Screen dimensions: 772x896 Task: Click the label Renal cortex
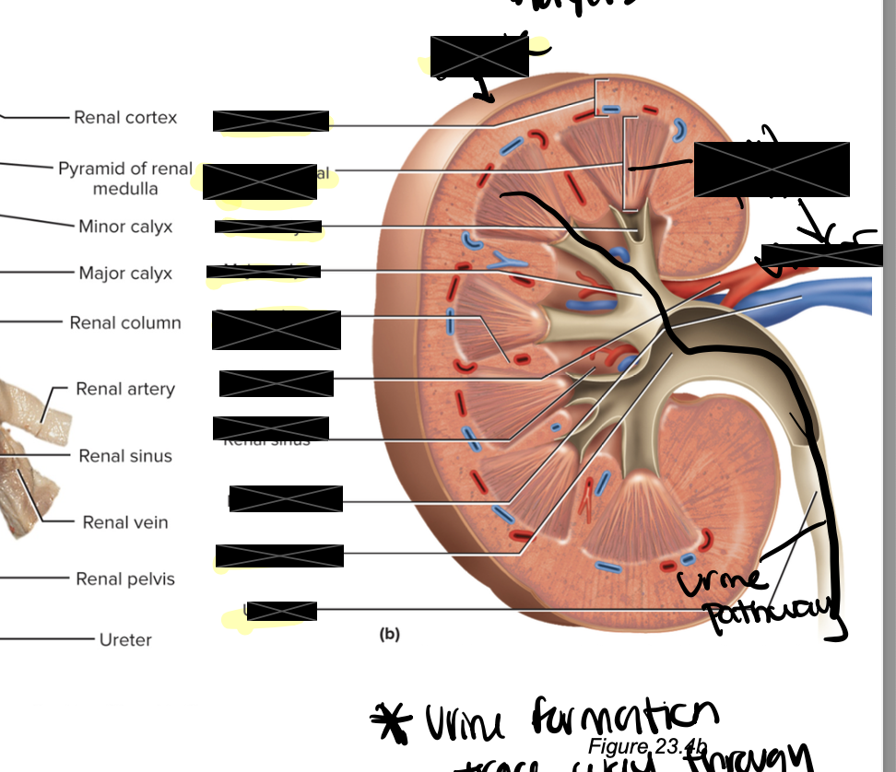pyautogui.click(x=125, y=118)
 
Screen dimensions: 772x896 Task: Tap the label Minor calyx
pyautogui.click(x=125, y=227)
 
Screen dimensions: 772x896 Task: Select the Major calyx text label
pyautogui.click(x=125, y=274)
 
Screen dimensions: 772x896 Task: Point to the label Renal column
pyautogui.click(x=125, y=323)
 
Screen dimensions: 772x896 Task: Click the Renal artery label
pyautogui.click(x=125, y=389)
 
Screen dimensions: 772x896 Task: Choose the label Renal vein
pyautogui.click(x=125, y=522)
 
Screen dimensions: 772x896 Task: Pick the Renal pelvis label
pyautogui.click(x=125, y=579)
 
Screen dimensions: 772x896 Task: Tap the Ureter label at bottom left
pyautogui.click(x=125, y=639)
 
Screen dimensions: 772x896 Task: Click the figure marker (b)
pyautogui.click(x=390, y=634)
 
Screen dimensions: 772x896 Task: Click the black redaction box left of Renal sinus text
pyautogui.click(x=270, y=428)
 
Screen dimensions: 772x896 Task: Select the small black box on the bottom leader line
pyautogui.click(x=281, y=611)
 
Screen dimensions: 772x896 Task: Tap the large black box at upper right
pyautogui.click(x=771, y=169)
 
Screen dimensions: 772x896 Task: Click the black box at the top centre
pyautogui.click(x=478, y=57)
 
